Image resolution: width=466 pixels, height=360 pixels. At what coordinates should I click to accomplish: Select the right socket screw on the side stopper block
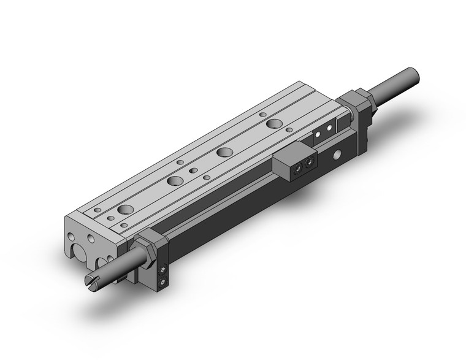pos(310,162)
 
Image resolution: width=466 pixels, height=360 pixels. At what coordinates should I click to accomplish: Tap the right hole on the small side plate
pos(330,128)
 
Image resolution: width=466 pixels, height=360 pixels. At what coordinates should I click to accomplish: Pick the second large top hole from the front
pos(176,181)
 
